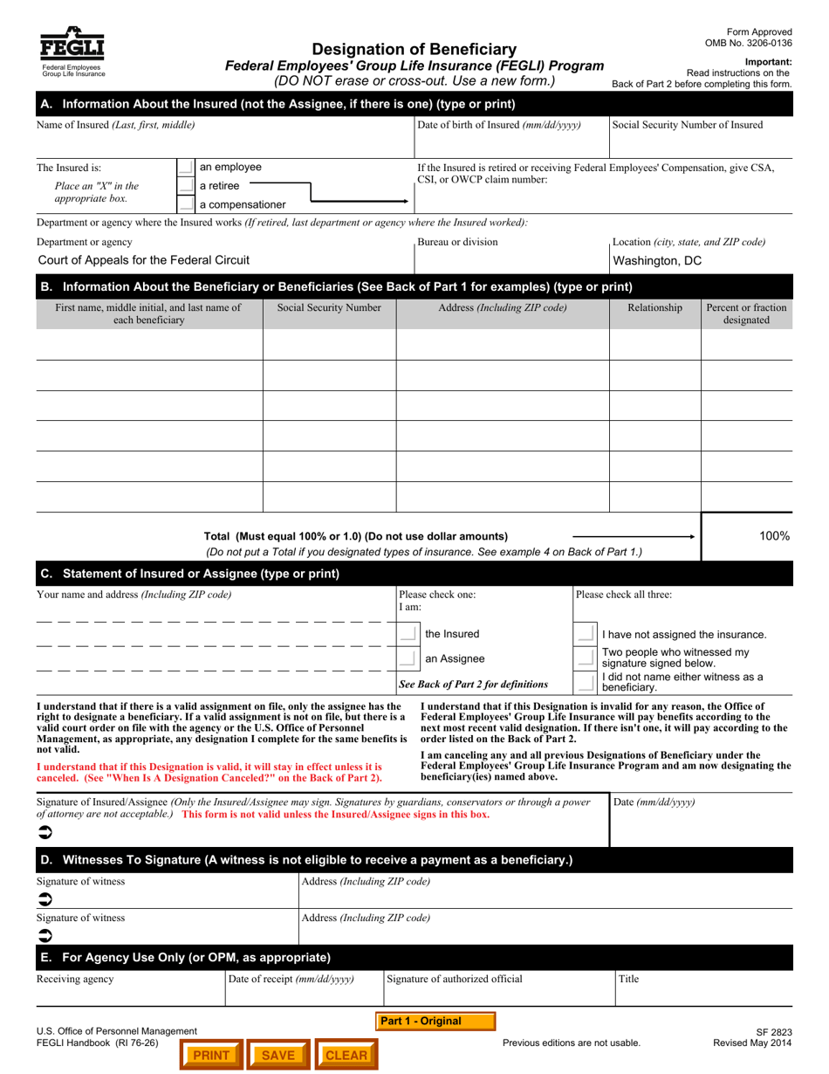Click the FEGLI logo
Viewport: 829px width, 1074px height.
coord(70,52)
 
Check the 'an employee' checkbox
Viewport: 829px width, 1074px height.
coord(185,167)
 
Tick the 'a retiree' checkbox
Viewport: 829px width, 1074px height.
coord(185,186)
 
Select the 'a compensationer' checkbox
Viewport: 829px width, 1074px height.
coord(185,205)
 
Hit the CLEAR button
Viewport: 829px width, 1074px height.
coord(346,1055)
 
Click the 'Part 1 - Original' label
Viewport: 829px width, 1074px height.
coord(435,1021)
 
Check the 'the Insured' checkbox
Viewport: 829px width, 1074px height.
coord(407,634)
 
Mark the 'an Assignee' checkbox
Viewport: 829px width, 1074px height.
coord(407,658)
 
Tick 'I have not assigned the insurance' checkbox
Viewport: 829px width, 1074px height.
coord(585,634)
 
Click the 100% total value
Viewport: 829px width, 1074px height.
coord(774,536)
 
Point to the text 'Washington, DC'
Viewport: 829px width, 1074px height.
coord(657,260)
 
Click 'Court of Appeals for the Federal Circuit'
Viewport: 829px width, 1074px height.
coord(144,259)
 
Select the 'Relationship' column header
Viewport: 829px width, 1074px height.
coord(654,307)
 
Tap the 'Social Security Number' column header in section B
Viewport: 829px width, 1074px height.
coord(329,307)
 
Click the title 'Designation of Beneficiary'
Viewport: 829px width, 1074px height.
coord(414,50)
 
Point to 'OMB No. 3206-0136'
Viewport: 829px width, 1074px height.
coord(749,43)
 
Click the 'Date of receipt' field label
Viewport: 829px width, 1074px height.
coord(291,979)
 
